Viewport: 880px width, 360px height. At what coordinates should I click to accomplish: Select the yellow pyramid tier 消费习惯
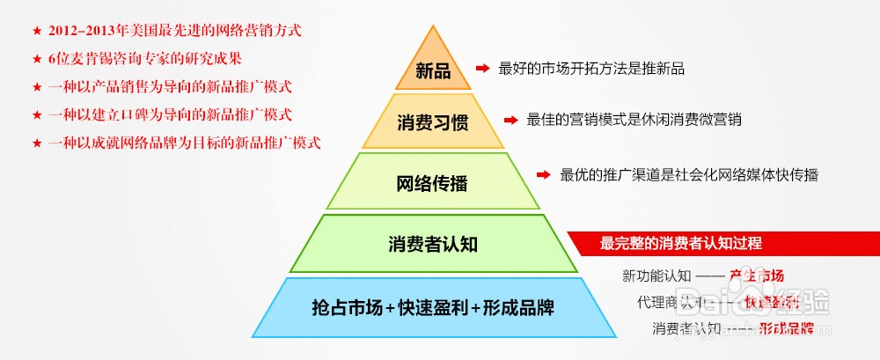point(432,123)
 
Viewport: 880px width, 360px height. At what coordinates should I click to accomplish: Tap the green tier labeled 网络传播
point(432,185)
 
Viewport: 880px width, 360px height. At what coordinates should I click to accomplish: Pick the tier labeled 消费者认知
point(432,244)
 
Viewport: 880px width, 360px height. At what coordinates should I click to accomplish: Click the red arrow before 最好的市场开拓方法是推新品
point(481,68)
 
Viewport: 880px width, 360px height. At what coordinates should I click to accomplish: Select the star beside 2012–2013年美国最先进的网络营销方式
point(36,31)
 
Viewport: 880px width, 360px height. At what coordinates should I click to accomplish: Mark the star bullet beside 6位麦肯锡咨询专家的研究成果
point(36,59)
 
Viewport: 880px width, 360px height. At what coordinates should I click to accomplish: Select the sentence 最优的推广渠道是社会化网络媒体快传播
point(689,174)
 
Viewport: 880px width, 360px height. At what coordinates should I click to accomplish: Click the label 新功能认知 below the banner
point(656,275)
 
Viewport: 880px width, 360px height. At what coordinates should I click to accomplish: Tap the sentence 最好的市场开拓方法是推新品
point(591,68)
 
